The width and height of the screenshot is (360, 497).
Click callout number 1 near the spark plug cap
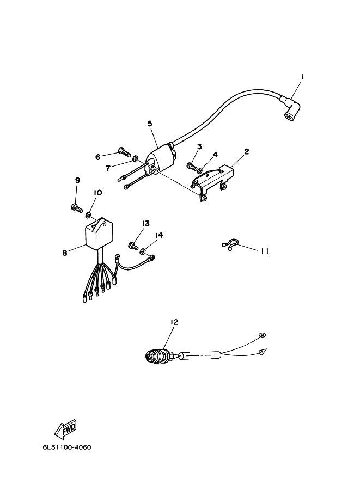tap(302, 77)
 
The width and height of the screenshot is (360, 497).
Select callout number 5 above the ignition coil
tap(150, 124)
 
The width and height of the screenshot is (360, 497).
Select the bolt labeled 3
tap(192, 165)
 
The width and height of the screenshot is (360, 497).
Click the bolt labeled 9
tap(76, 206)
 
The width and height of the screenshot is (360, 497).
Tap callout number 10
tap(97, 193)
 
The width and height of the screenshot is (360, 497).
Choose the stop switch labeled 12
tap(158, 357)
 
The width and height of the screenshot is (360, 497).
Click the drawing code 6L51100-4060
tap(66, 448)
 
